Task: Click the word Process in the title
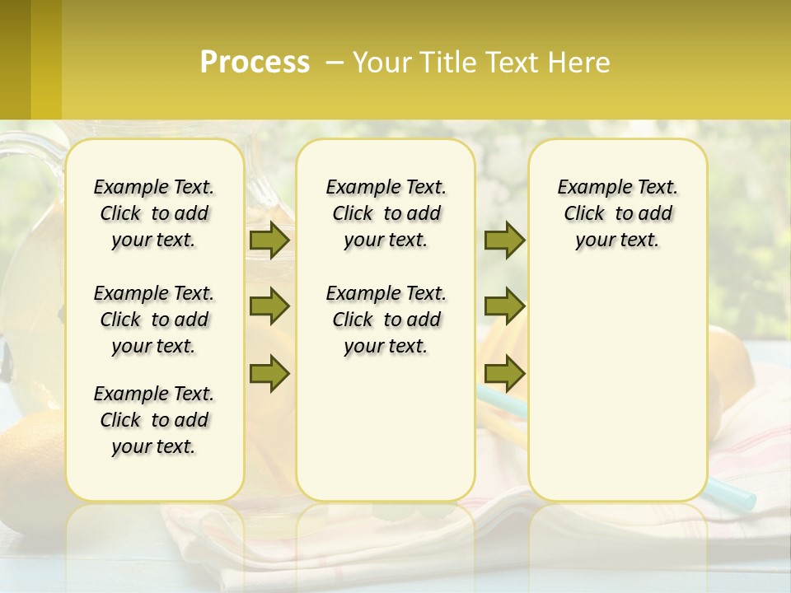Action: (x=255, y=63)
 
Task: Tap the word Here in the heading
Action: (x=581, y=63)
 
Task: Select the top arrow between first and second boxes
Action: (x=269, y=240)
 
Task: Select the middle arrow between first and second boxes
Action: (x=269, y=307)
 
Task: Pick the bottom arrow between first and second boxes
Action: (x=269, y=374)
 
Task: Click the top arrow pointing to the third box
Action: (x=504, y=240)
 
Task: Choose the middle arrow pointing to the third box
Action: (x=504, y=307)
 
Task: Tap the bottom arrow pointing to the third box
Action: (x=504, y=374)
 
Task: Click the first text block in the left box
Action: (x=154, y=213)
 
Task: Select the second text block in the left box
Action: (x=154, y=320)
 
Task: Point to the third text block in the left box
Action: (x=154, y=420)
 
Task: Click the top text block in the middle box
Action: (x=386, y=213)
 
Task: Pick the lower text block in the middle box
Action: (x=386, y=320)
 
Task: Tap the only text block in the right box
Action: (x=617, y=213)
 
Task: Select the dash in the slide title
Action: (x=335, y=63)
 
